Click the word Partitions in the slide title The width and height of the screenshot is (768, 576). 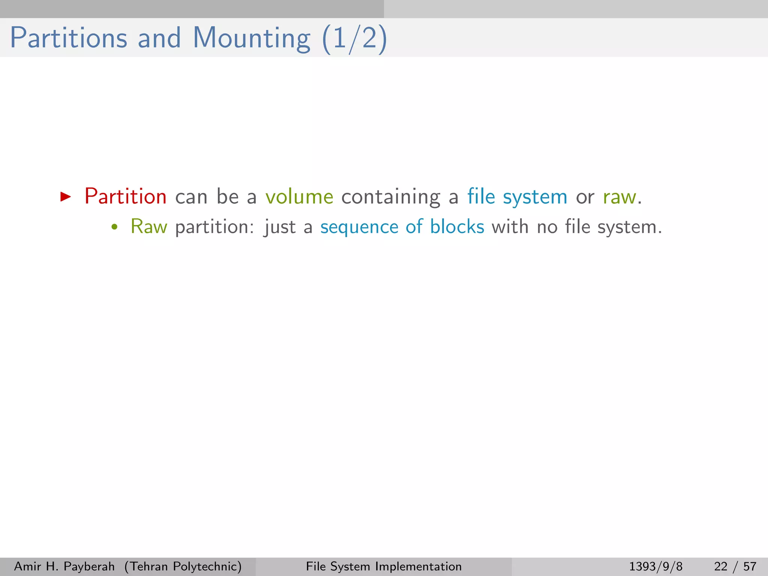click(x=69, y=38)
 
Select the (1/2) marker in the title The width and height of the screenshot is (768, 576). click(x=354, y=39)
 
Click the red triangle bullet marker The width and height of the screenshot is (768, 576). click(x=66, y=196)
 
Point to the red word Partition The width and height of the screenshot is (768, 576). click(x=126, y=196)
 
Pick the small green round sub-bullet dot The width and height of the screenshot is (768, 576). click(x=115, y=227)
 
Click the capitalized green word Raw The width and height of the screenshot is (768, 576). click(x=149, y=227)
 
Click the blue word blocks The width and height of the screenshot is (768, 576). click(x=457, y=227)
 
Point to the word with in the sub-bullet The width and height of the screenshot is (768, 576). click(x=510, y=227)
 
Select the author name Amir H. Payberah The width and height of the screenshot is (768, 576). click(x=64, y=566)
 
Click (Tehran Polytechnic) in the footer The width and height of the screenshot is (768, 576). click(x=183, y=566)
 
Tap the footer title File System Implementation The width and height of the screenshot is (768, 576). click(x=384, y=566)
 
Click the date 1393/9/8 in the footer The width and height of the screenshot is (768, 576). click(x=655, y=566)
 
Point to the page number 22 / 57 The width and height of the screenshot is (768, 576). click(x=735, y=566)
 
